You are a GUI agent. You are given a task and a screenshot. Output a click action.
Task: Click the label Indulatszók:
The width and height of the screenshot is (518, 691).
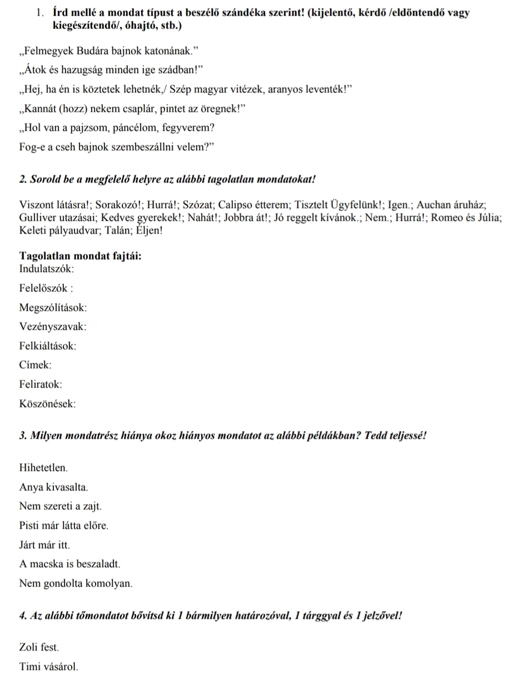coord(46,269)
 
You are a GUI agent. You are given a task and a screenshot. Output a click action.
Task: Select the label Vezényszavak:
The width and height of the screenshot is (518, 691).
coord(53,327)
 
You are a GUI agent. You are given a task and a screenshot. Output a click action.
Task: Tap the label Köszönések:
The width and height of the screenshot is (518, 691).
coord(47,404)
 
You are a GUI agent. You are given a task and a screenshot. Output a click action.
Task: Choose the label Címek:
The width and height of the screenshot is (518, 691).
coord(36,365)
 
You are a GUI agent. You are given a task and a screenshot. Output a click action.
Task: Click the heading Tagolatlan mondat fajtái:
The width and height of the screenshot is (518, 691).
coord(80,256)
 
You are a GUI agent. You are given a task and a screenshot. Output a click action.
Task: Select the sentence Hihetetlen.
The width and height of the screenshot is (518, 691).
coord(43,469)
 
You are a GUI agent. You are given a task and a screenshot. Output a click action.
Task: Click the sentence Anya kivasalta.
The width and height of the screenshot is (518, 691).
coord(53,488)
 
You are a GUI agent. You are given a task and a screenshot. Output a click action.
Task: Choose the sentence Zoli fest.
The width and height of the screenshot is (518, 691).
coord(39,648)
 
